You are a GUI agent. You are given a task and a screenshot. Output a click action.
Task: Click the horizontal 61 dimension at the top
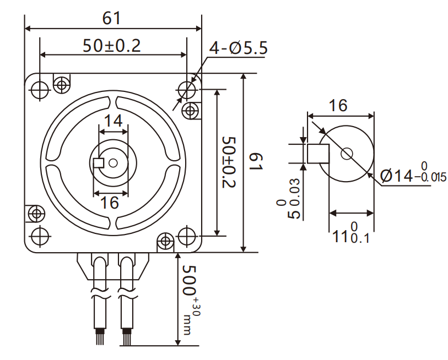112,18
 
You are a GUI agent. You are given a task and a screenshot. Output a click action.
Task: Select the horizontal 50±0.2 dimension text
112,45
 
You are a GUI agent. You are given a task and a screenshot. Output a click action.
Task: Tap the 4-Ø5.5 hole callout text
238,48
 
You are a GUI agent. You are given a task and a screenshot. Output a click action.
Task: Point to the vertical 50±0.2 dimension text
229,162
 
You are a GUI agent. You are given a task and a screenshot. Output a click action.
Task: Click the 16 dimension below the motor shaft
110,203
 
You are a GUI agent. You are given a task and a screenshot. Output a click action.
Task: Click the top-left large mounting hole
39,89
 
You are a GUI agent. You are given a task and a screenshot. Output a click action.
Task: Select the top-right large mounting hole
187,89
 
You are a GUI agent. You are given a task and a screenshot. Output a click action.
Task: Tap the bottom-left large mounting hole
39,236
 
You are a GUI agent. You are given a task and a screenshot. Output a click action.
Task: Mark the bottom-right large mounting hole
187,236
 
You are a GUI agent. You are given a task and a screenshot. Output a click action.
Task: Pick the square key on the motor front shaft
99,162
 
